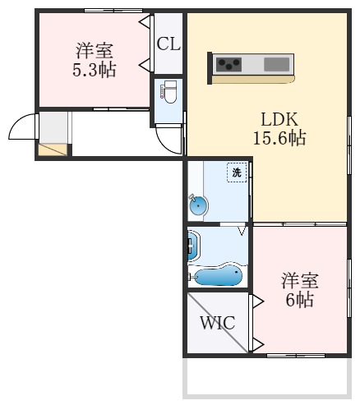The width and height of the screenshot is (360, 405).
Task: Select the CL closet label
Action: (x=168, y=44)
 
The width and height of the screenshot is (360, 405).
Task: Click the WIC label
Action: (x=218, y=322)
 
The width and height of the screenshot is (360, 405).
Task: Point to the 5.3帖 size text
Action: (x=93, y=69)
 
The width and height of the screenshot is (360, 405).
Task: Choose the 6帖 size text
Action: (x=299, y=300)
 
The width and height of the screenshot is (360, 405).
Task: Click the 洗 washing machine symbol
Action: (x=237, y=173)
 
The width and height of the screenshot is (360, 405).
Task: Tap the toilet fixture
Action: (x=168, y=93)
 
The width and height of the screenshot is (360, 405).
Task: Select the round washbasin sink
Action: (x=198, y=206)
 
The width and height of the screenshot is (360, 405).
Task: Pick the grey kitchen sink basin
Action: (x=277, y=63)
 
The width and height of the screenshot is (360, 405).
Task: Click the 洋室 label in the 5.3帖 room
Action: (x=95, y=49)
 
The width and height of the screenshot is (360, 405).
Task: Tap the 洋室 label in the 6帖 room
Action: (x=300, y=280)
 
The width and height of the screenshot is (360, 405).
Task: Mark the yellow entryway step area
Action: (x=53, y=150)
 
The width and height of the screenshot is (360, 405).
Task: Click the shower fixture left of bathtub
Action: (x=193, y=245)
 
